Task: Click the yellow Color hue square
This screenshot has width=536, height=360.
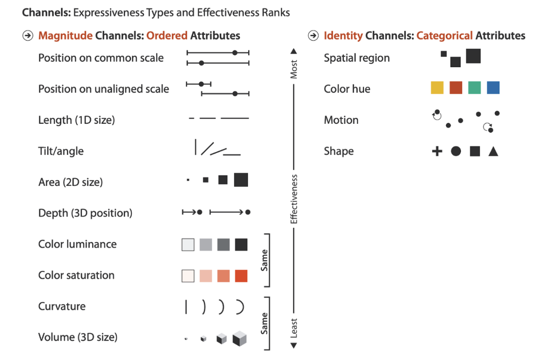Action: coord(437,88)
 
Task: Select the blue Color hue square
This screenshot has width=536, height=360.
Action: coord(493,88)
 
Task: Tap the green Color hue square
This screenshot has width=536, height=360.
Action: coord(474,88)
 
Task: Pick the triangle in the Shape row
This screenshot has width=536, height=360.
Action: coord(493,151)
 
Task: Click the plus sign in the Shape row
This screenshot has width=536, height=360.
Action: coord(437,151)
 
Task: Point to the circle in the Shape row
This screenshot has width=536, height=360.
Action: coord(456,151)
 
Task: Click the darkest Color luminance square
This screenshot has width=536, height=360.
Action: coord(241,245)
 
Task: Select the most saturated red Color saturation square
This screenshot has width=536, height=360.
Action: coord(241,276)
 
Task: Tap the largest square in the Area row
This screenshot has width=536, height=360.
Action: coord(241,180)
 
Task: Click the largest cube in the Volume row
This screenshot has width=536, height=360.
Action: coord(239,338)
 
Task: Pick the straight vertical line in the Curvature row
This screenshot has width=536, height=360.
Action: coord(186,307)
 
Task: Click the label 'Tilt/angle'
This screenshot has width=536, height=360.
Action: coord(61,151)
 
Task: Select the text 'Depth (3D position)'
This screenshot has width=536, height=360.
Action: coord(85,213)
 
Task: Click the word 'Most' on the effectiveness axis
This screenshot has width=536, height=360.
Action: coord(293,69)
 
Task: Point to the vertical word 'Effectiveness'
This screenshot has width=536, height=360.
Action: coord(293,199)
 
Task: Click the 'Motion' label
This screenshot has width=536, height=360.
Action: coord(341,120)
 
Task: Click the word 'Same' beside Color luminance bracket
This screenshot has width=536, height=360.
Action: coord(264,260)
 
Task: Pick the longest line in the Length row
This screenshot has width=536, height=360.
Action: coord(235,118)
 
